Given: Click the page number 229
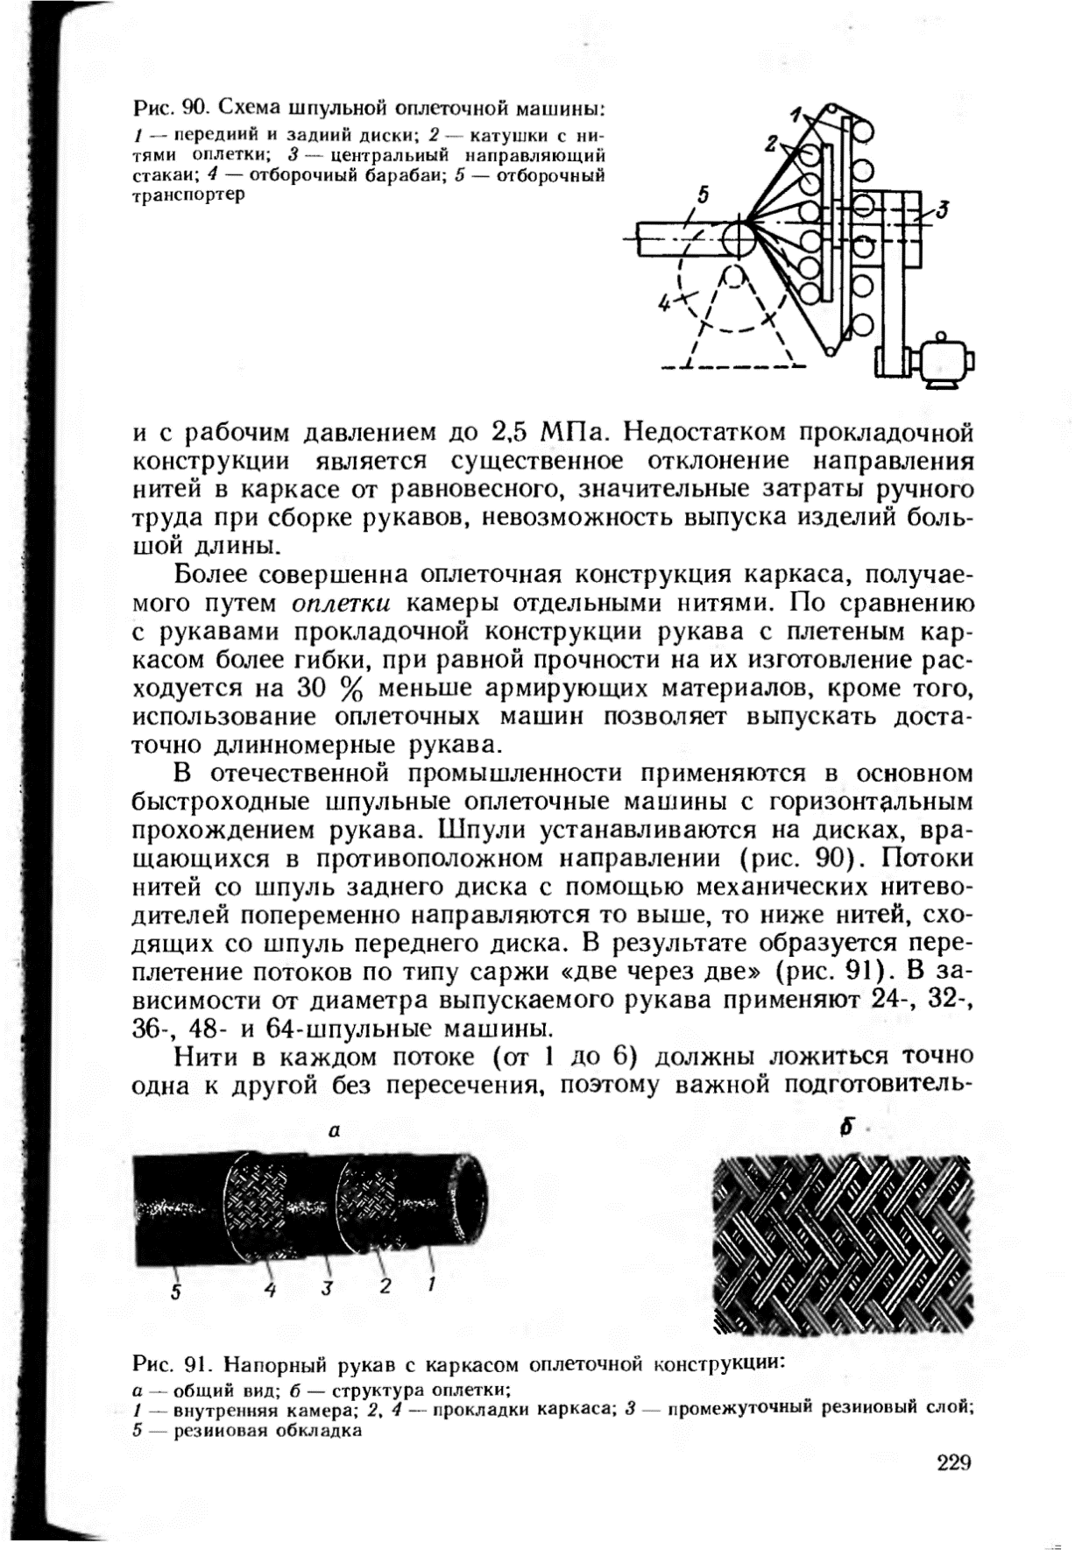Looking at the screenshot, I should pyautogui.click(x=955, y=1462).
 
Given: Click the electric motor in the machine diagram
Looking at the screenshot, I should pyautogui.click(x=941, y=361).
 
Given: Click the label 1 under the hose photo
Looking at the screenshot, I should pyautogui.click(x=431, y=1285).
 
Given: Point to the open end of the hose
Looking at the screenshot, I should pyautogui.click(x=469, y=1202).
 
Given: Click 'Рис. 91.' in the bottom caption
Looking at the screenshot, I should pyautogui.click(x=169, y=1364).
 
